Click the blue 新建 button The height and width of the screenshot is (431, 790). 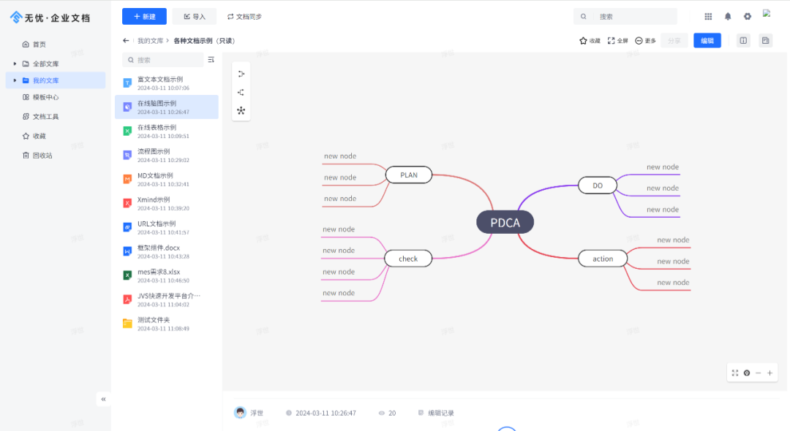point(144,16)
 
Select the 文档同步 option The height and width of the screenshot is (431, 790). point(244,16)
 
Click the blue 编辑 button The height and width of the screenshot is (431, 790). point(707,41)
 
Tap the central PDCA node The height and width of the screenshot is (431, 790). point(505,222)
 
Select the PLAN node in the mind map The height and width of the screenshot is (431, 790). point(409,175)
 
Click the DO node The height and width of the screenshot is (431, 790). point(597,186)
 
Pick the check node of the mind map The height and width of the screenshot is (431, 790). point(408,259)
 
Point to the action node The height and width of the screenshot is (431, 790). point(603,259)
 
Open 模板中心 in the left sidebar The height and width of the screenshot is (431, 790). point(45,97)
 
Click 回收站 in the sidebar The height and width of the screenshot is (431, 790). point(42,155)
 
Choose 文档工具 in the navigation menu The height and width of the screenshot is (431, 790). point(45,116)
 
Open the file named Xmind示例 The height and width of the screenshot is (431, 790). point(154,199)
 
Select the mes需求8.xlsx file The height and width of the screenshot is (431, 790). point(159,272)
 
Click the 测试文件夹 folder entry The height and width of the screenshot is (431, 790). point(154,320)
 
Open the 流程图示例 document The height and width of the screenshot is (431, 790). point(154,151)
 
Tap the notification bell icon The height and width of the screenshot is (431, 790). point(728,16)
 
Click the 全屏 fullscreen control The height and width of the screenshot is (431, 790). point(617,41)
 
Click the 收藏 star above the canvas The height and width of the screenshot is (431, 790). point(590,41)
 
